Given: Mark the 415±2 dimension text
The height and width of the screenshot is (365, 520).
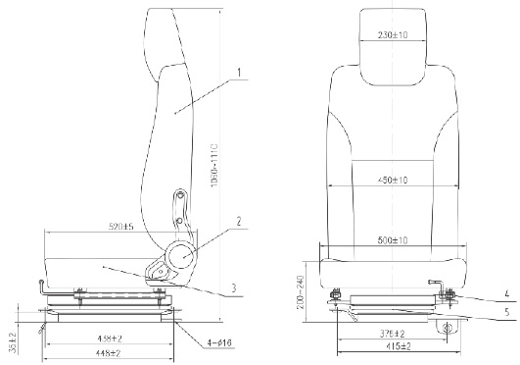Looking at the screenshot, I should pos(397,346).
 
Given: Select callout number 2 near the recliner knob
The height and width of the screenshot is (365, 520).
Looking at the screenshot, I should pos(238,222).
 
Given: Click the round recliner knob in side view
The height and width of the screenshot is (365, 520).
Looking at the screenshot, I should pos(181,256).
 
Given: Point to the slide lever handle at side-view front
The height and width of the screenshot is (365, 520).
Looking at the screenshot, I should pos(41,286).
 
